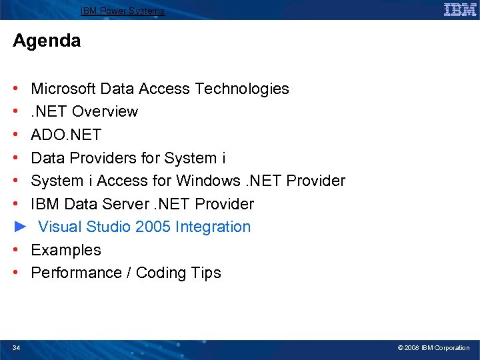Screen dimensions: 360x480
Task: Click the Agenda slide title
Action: tap(47, 41)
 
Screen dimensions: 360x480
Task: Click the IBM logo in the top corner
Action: tap(459, 10)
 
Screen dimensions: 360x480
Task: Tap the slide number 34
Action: tap(16, 347)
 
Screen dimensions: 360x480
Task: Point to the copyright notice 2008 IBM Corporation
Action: tap(433, 347)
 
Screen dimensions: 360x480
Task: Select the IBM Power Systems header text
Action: tap(123, 11)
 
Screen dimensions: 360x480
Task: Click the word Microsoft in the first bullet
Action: tap(63, 89)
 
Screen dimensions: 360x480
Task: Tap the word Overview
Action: tap(105, 111)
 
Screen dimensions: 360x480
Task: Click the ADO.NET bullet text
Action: tap(66, 135)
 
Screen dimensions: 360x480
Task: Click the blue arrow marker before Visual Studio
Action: tap(19, 227)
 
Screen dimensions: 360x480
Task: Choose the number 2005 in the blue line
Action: tap(153, 227)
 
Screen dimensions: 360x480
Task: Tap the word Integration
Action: tap(213, 227)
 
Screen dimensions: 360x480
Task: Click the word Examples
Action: tap(66, 250)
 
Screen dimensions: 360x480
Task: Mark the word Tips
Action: tap(206, 273)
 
